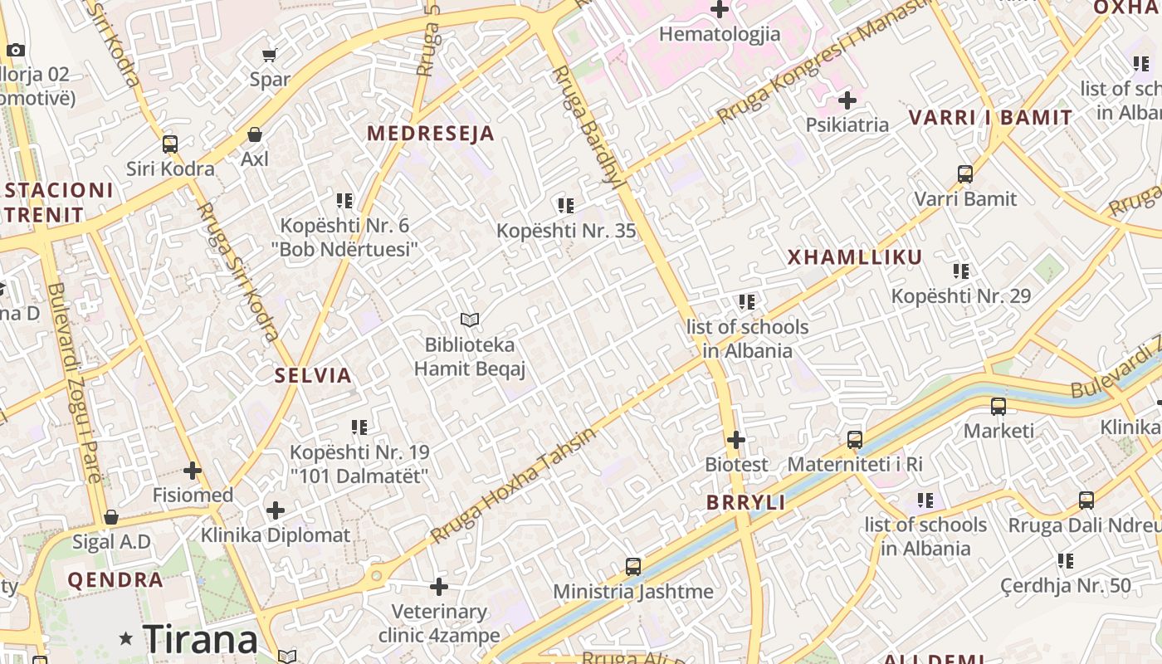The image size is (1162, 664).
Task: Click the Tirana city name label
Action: pyautogui.click(x=200, y=639)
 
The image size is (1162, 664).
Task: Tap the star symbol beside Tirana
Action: pyautogui.click(x=126, y=638)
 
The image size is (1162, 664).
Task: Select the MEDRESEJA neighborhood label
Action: pyautogui.click(x=431, y=133)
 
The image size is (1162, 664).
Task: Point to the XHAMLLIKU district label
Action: pyautogui.click(x=855, y=257)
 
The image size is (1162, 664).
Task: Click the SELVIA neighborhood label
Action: pyautogui.click(x=314, y=375)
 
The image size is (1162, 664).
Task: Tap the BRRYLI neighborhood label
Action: pyautogui.click(x=746, y=502)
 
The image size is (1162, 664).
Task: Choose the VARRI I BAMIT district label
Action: pyautogui.click(x=991, y=118)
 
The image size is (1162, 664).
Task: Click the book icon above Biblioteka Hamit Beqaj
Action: pyautogui.click(x=470, y=320)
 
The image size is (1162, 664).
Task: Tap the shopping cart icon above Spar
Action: pyautogui.click(x=269, y=56)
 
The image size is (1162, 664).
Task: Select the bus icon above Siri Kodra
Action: pyautogui.click(x=170, y=144)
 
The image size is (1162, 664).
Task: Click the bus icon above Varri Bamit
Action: pyautogui.click(x=965, y=174)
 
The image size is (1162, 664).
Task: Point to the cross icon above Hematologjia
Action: pyautogui.click(x=720, y=10)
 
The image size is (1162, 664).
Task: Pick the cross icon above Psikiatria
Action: pyautogui.click(x=847, y=101)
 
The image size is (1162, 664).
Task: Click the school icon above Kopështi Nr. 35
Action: pyautogui.click(x=566, y=205)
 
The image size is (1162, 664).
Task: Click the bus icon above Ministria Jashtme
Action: pyautogui.click(x=633, y=567)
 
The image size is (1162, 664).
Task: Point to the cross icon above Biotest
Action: pyautogui.click(x=736, y=440)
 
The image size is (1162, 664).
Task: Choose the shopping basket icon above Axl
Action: pyautogui.click(x=255, y=134)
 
